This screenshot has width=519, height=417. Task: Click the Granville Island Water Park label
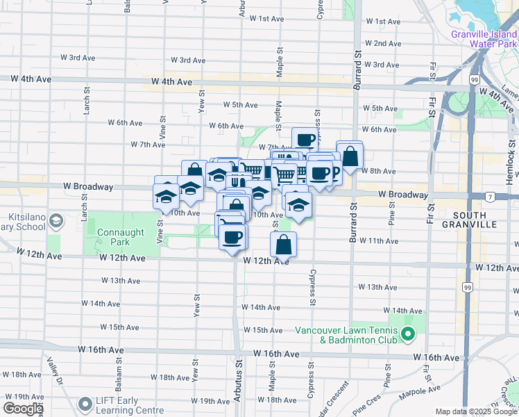pyautogui.click(x=484, y=38)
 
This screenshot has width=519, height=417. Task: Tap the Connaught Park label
pyautogui.click(x=110, y=237)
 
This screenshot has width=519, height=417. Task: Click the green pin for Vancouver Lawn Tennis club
pyautogui.click(x=408, y=336)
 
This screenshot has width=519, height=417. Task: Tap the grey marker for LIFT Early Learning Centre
pyautogui.click(x=85, y=404)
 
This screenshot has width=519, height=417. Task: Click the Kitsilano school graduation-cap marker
pyautogui.click(x=56, y=221)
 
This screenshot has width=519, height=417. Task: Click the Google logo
pyautogui.click(x=23, y=409)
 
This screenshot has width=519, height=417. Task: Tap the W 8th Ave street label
pyautogui.click(x=380, y=171)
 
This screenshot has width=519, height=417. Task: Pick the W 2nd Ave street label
pyautogui.click(x=382, y=44)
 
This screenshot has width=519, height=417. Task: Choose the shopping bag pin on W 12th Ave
pyautogui.click(x=283, y=245)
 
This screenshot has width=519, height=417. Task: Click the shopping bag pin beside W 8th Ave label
pyautogui.click(x=350, y=156)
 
